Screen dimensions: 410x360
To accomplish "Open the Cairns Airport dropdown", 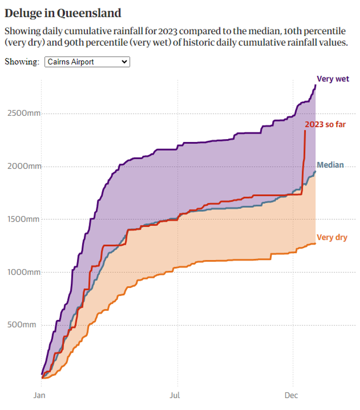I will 87,62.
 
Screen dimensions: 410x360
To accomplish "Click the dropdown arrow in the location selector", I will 124,62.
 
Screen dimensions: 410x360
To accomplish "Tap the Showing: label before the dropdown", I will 22,62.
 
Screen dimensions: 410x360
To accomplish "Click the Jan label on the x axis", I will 39,395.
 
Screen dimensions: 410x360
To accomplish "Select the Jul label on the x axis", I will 178,395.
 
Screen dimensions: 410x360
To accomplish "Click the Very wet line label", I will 333,79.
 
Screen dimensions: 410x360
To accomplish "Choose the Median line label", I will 330,165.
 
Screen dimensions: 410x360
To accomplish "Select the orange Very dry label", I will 332,237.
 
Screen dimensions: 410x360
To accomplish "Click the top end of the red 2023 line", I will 305,130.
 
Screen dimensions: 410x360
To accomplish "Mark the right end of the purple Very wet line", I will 315,85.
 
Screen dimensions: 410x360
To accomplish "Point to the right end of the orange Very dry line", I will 315,243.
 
